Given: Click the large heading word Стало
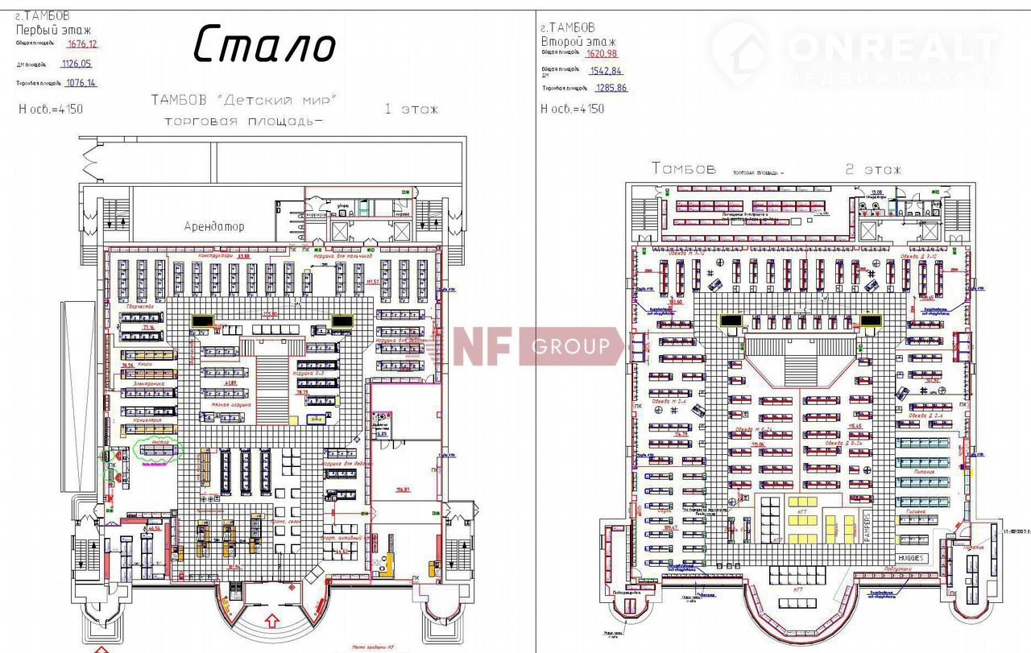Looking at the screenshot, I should (263, 44).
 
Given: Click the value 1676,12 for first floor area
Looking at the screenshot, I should (83, 43).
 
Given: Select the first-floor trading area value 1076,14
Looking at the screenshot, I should (81, 82).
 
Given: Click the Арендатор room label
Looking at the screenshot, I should (213, 226).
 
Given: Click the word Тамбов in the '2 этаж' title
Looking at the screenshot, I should (683, 169).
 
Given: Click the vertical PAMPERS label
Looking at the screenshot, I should (867, 527).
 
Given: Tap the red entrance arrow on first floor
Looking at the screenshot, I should (271, 620).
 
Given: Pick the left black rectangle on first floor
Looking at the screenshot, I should (201, 320).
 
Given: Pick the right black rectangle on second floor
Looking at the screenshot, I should (871, 320).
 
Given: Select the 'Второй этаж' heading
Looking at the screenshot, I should (579, 41).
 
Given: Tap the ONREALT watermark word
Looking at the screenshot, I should (892, 49).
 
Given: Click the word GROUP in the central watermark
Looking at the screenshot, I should (570, 347).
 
